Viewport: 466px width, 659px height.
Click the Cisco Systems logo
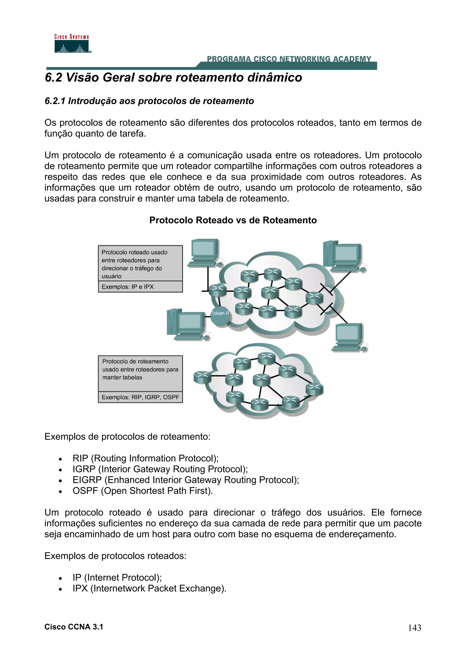(72, 44)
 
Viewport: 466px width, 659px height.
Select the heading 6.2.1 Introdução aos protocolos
(149, 101)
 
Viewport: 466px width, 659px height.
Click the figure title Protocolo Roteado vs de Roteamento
(233, 220)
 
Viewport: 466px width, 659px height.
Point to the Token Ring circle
(220, 315)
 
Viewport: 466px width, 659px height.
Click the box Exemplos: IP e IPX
(140, 287)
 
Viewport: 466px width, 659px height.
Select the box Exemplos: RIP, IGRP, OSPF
(140, 397)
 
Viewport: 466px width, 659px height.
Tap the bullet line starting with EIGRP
(185, 480)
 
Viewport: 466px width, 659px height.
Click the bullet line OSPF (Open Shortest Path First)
(142, 491)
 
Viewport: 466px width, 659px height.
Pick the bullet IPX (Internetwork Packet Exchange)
(149, 589)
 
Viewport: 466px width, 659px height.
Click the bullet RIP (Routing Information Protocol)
(145, 458)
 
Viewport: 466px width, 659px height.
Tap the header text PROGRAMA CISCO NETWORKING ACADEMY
(289, 59)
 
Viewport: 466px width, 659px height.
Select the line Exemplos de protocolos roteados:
(115, 556)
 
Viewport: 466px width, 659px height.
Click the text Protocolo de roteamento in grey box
(135, 361)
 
